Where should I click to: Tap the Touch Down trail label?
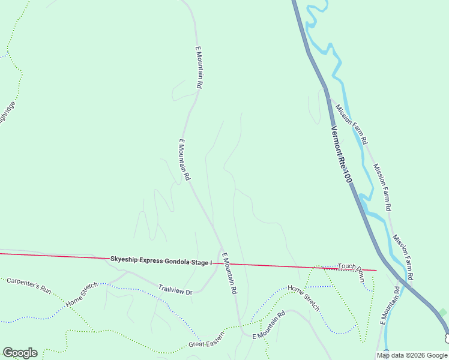(x=351, y=274)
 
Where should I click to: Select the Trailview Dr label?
(x=175, y=289)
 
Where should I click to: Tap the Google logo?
(x=20, y=353)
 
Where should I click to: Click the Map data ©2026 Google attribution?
(x=412, y=356)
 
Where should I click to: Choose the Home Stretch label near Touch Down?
(x=304, y=298)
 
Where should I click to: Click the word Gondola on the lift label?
(x=175, y=262)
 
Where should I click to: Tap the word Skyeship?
(x=124, y=259)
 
